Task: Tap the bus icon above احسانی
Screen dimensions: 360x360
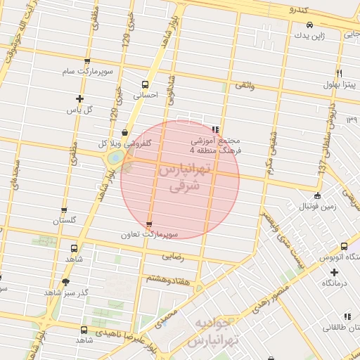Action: click(x=146, y=82)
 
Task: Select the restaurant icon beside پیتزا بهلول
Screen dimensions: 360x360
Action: click(x=340, y=73)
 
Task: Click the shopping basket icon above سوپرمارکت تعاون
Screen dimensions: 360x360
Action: click(x=148, y=224)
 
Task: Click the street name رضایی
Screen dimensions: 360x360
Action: click(x=173, y=257)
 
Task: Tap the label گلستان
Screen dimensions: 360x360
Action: click(x=63, y=221)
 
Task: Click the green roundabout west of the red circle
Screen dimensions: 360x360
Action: click(x=114, y=159)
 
